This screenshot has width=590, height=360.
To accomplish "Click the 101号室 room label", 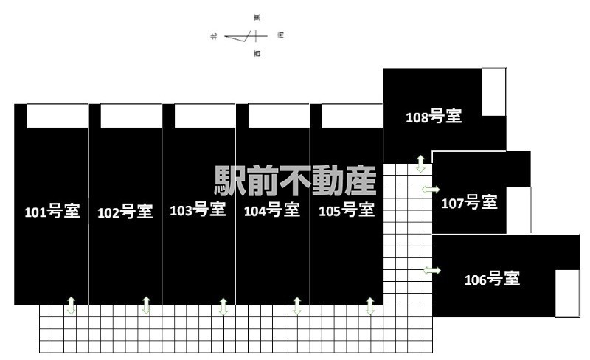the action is click(52, 211).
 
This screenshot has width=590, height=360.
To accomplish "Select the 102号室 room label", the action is click(125, 212).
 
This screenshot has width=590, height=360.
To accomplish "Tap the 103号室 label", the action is click(198, 210).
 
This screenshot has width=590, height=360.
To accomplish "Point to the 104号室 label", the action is click(271, 210).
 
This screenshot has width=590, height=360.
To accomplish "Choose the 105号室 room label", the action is click(347, 210).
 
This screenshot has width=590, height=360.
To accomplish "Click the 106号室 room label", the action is click(492, 280).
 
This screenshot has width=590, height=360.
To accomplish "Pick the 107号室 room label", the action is click(470, 203).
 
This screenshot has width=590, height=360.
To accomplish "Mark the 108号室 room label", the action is click(434, 117).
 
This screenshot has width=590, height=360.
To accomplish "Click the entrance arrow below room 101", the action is click(71, 305).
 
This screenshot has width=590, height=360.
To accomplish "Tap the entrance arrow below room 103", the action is click(223, 307).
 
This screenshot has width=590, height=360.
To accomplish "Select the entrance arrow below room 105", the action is click(370, 306).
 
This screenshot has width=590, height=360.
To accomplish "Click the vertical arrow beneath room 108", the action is click(420, 164).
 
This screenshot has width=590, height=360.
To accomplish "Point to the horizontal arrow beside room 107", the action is click(431, 190).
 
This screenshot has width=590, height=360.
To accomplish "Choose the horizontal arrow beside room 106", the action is click(432, 270).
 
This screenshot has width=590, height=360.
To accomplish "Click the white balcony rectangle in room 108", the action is click(494, 92).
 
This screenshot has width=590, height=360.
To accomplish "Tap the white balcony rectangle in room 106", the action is click(567, 294).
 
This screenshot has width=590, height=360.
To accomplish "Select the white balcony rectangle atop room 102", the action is click(131, 116).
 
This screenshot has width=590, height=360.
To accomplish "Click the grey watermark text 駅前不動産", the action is click(296, 181).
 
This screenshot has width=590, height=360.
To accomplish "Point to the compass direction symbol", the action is click(246, 36).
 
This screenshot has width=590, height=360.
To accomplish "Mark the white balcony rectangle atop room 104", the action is click(279, 116).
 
